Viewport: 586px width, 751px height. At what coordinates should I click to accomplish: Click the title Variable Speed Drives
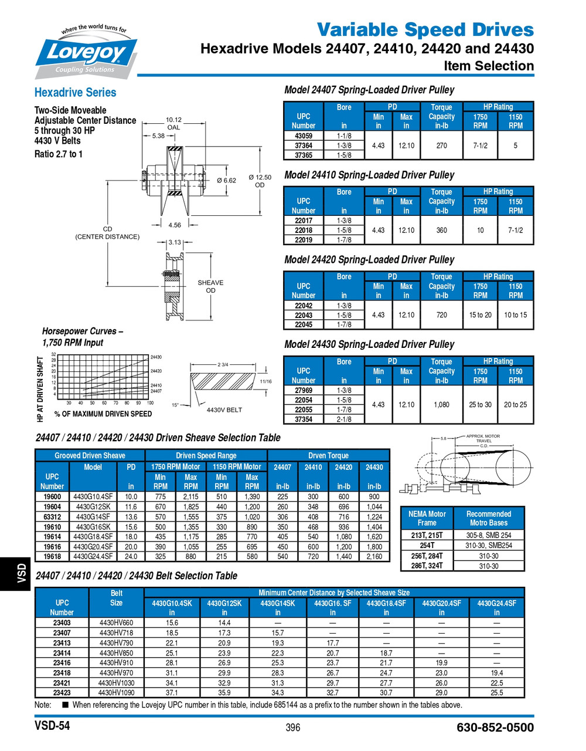pyautogui.click(x=425, y=29)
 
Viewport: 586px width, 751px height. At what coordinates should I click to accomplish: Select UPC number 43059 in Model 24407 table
pyautogui.click(x=303, y=136)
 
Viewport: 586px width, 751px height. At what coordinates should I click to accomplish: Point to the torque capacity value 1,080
pyautogui.click(x=441, y=404)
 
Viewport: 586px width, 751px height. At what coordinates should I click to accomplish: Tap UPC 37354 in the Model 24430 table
pyautogui.click(x=303, y=420)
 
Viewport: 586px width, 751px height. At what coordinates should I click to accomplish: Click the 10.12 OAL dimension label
pyautogui.click(x=173, y=123)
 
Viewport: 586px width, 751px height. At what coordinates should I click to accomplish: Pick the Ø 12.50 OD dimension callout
pyautogui.click(x=260, y=181)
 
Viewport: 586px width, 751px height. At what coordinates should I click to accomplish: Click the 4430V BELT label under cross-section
pyautogui.click(x=224, y=410)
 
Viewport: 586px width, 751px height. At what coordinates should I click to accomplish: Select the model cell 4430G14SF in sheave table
pyautogui.click(x=93, y=517)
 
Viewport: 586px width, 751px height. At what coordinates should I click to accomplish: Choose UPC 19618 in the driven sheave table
pyautogui.click(x=52, y=556)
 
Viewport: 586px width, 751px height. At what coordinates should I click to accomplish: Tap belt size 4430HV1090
pyautogui.click(x=116, y=692)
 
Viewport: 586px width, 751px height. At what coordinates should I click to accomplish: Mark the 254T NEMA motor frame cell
pyautogui.click(x=427, y=545)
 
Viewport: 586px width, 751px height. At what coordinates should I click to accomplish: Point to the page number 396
pyautogui.click(x=292, y=728)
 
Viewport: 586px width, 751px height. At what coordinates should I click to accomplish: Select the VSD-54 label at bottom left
pyautogui.click(x=52, y=726)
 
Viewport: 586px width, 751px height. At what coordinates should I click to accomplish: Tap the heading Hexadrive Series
pyautogui.click(x=75, y=92)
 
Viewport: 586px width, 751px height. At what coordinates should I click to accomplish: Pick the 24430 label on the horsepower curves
pyautogui.click(x=156, y=357)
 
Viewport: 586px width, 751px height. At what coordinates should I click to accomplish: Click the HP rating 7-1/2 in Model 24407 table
pyautogui.click(x=480, y=146)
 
